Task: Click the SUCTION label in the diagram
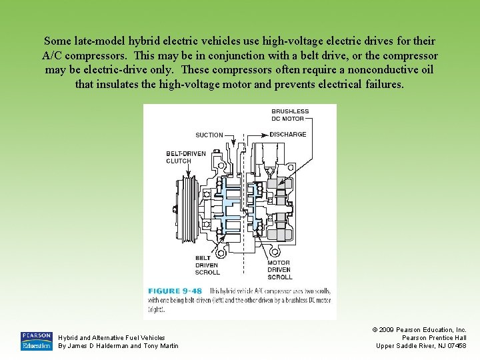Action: click(209, 135)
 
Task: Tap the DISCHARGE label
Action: click(288, 134)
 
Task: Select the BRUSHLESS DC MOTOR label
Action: click(290, 115)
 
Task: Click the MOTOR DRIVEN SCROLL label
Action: click(280, 269)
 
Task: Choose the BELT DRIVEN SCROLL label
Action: click(207, 265)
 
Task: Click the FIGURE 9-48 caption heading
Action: click(175, 291)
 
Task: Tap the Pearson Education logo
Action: click(36, 341)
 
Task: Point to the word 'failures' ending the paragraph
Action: click(383, 85)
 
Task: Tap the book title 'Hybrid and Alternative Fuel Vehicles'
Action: click(112, 338)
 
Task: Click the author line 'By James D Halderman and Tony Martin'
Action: click(119, 345)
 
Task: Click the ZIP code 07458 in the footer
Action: click(457, 345)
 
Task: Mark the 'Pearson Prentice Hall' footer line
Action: click(434, 338)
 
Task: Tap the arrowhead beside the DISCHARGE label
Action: click(265, 134)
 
